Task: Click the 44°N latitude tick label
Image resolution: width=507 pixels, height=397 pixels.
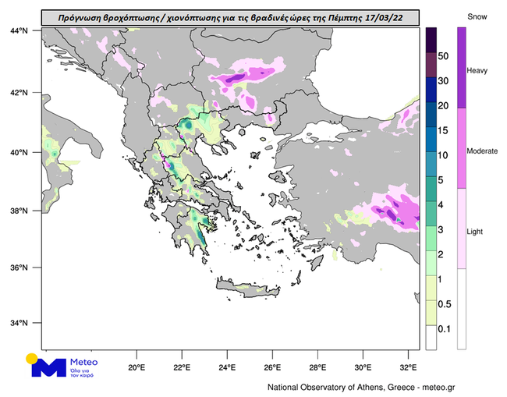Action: pos(19,30)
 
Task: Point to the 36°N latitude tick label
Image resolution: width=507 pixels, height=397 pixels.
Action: pos(19,268)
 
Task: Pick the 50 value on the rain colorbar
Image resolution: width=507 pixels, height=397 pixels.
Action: pos(444,56)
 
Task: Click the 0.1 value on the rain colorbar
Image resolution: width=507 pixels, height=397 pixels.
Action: pos(444,329)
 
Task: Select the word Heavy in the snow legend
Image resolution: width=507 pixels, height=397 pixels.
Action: pos(477,71)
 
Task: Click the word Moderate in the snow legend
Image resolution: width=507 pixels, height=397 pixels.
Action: pos(482,151)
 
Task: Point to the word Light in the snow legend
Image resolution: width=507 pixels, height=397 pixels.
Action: pos(475,232)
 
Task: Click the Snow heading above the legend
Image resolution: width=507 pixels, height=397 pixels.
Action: pos(477,16)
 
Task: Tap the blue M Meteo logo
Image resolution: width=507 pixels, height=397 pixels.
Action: pos(51,368)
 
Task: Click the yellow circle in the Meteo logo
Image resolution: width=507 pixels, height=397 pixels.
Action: pos(32,359)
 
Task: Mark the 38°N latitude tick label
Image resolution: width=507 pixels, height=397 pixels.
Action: pos(19,211)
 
